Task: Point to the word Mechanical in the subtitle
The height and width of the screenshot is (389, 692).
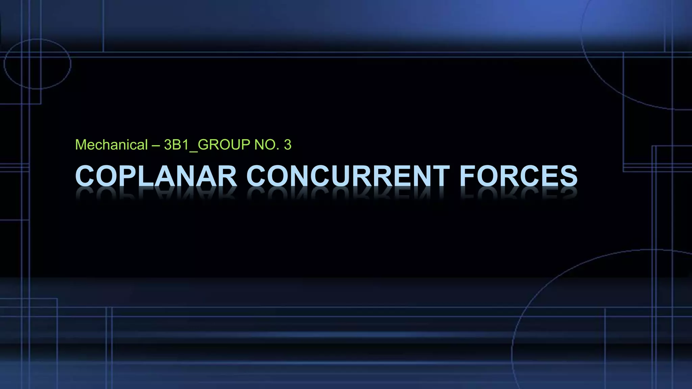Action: coord(112,145)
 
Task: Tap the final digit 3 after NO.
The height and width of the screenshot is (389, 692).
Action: coord(288,145)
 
